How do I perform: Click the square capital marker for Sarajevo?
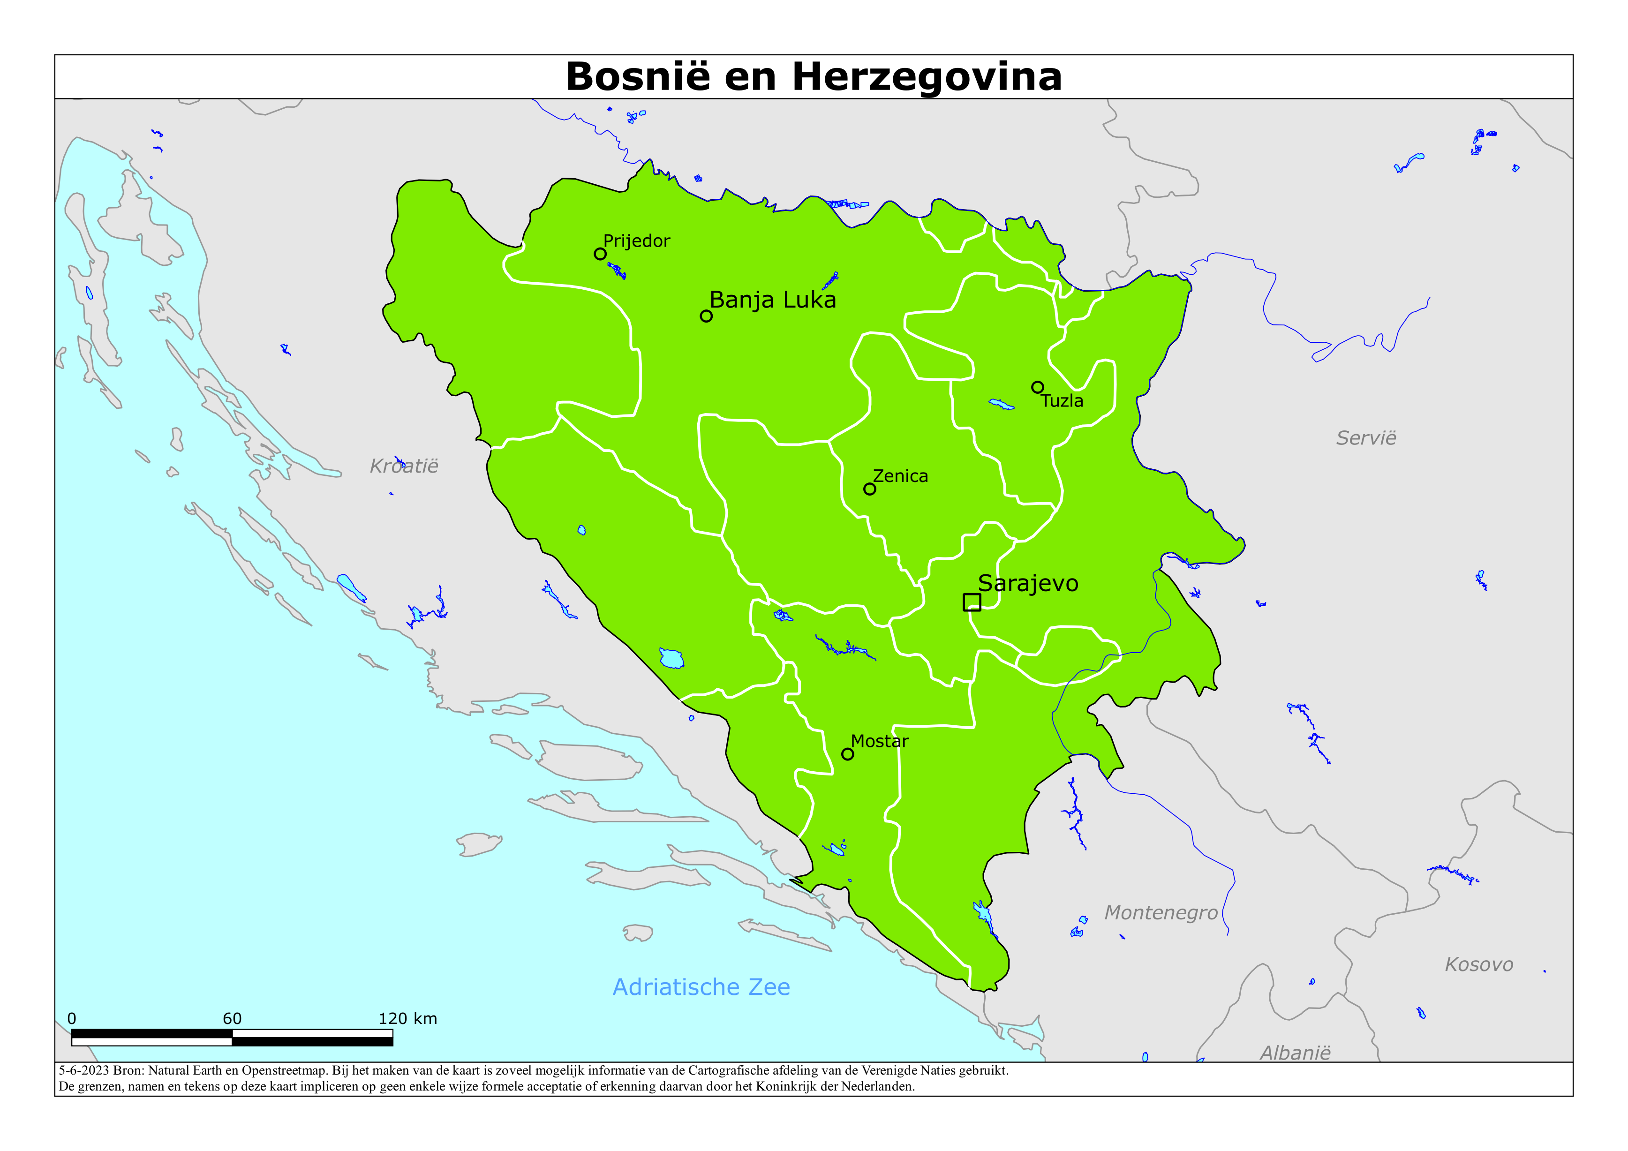pyautogui.click(x=972, y=602)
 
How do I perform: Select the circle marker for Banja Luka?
pyautogui.click(x=706, y=316)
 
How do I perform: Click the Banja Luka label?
pyautogui.click(x=772, y=300)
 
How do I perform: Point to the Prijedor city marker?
pyautogui.click(x=600, y=254)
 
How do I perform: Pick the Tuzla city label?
pyautogui.click(x=1062, y=401)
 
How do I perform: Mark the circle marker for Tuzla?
pyautogui.click(x=1037, y=387)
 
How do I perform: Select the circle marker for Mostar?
pyautogui.click(x=847, y=754)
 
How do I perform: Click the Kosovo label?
pyautogui.click(x=1479, y=964)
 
